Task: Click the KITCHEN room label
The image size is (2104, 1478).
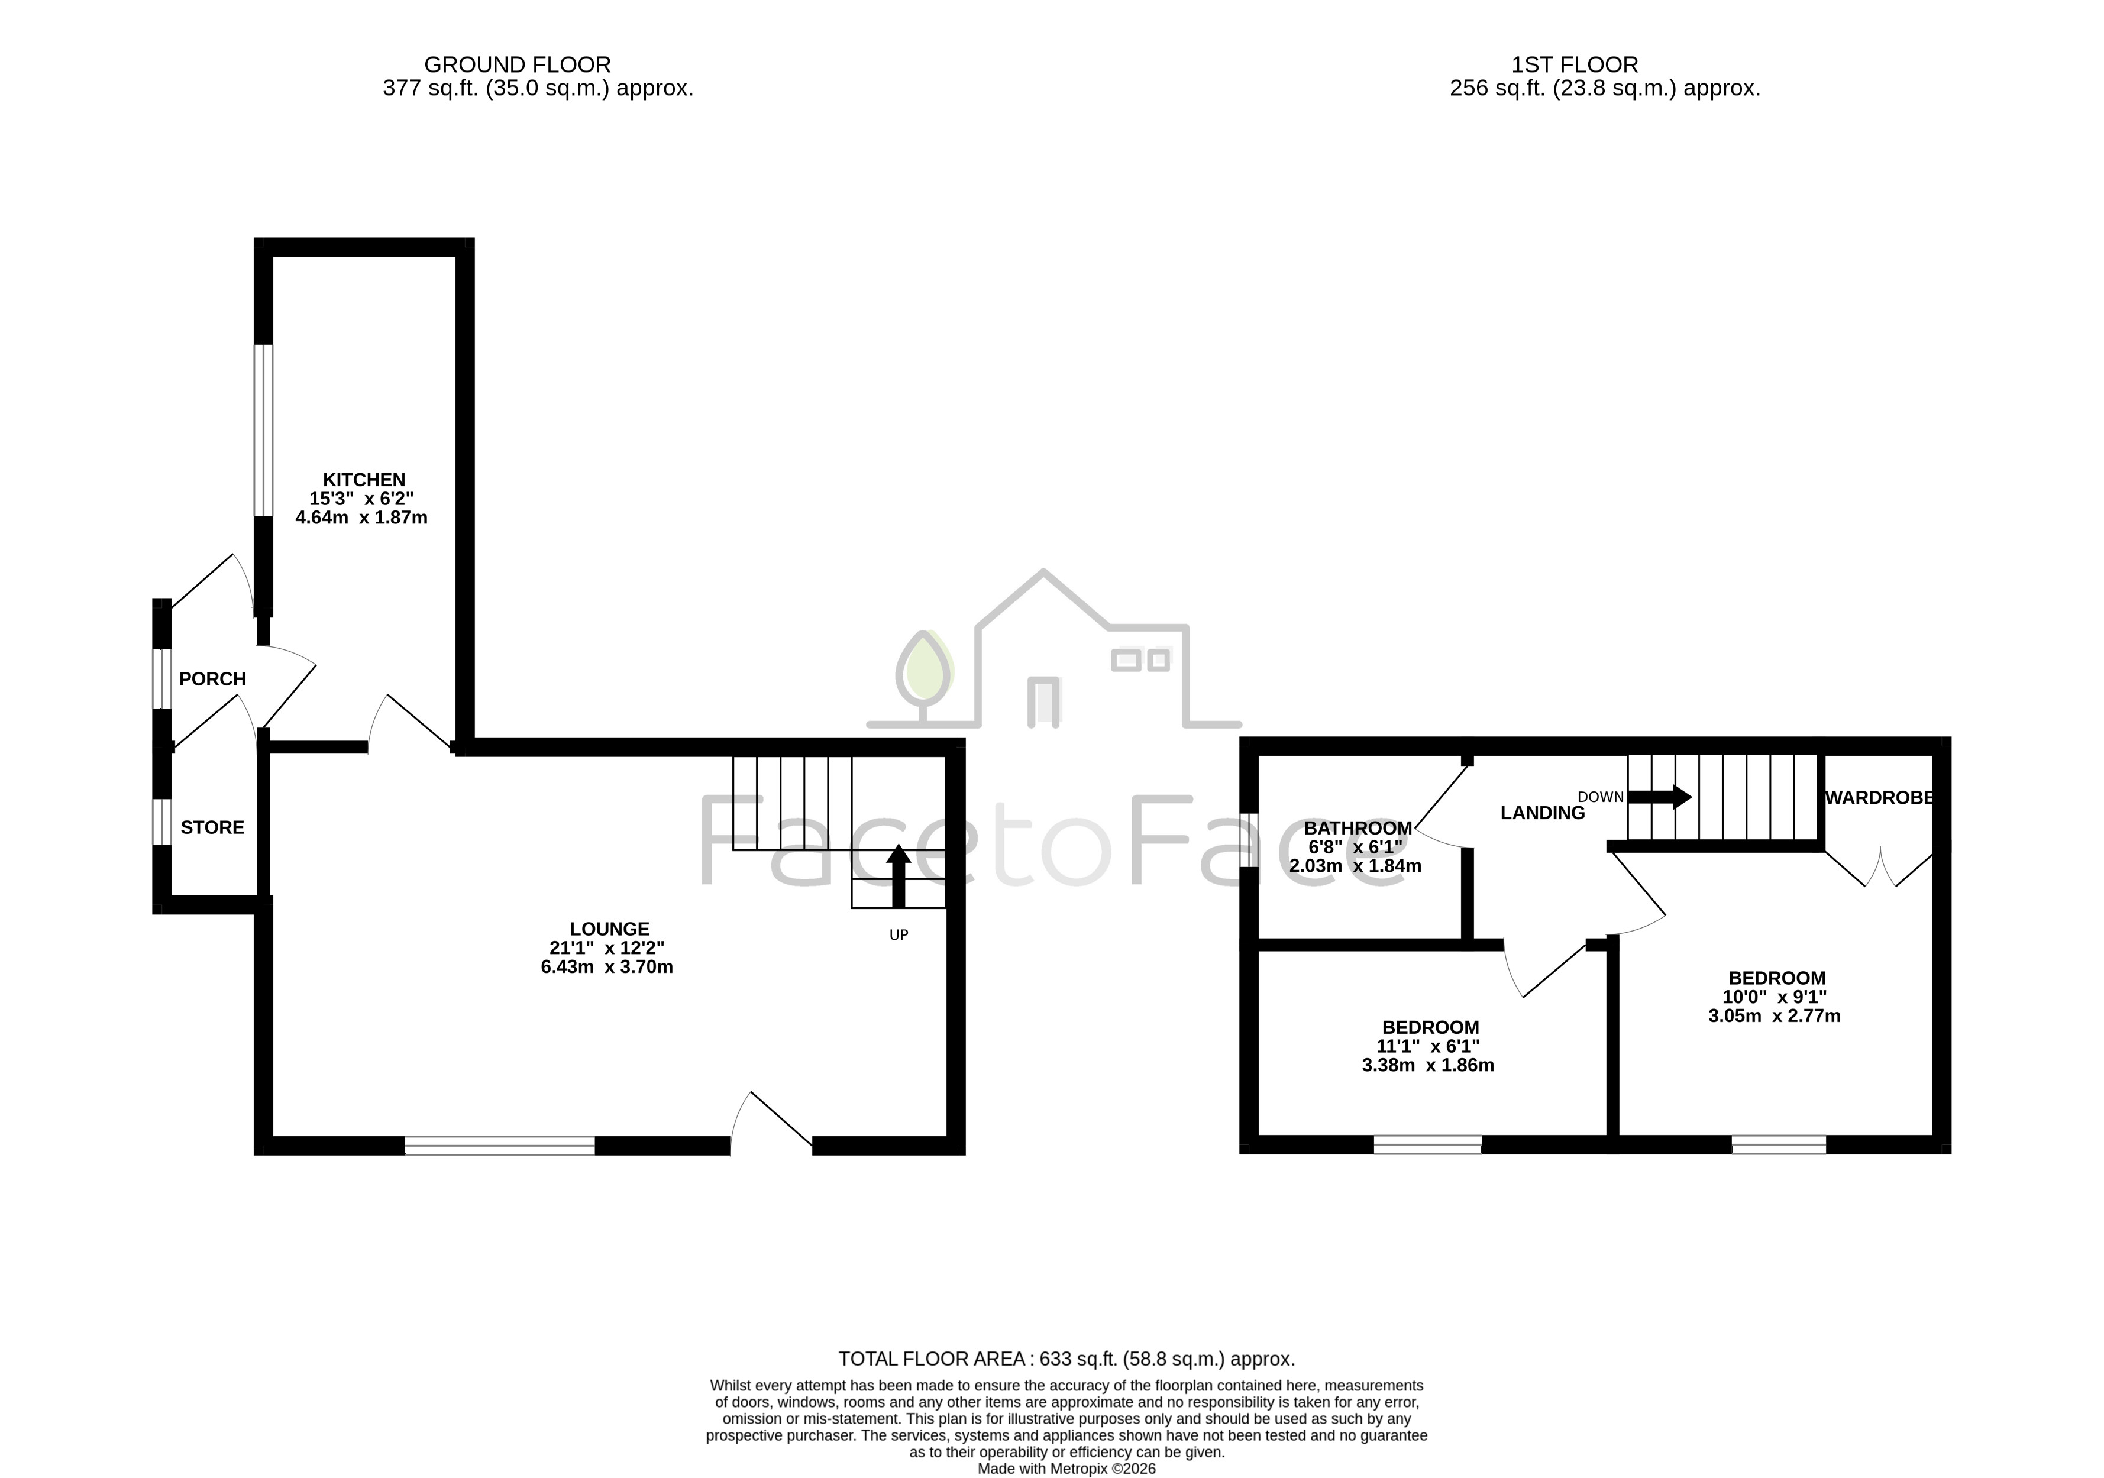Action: pos(364,479)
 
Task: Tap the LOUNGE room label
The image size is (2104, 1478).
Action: pos(609,928)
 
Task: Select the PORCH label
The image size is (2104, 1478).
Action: pos(212,679)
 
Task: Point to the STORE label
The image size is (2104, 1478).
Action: pos(212,827)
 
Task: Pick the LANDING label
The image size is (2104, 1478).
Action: pos(1542,813)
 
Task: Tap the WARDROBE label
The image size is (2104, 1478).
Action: pos(1879,798)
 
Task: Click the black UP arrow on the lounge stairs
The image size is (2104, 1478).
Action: pos(898,875)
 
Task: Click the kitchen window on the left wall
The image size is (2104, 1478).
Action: pos(263,431)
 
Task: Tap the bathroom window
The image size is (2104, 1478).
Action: pos(1249,839)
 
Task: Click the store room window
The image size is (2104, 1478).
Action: pos(161,822)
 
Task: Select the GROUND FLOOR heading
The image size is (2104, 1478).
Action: pos(518,65)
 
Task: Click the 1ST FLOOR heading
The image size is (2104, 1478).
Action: pos(1575,65)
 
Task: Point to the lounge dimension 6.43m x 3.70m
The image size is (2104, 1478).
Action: pos(607,966)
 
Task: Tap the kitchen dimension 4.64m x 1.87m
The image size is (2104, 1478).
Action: pos(361,518)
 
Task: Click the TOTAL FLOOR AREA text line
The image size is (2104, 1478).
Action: pos(1066,1359)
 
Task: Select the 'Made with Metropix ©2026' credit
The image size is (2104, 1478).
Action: pos(1066,1469)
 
